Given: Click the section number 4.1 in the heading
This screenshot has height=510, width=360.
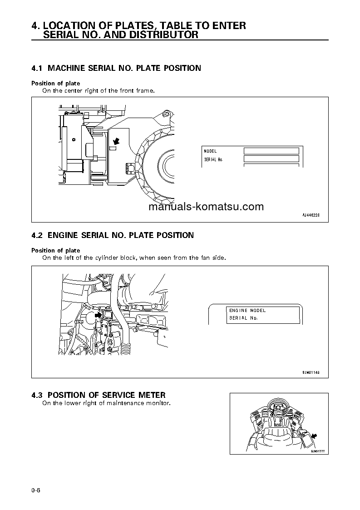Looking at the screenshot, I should point(37,68).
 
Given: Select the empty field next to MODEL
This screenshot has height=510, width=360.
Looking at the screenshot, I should point(271,151).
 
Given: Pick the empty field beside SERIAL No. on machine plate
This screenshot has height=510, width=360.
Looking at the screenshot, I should point(271,159).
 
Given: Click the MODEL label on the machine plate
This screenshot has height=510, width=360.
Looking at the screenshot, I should point(210,151).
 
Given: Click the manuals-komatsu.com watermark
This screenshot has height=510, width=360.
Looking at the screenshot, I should point(205,207).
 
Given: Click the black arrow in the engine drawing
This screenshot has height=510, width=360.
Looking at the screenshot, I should point(97,314).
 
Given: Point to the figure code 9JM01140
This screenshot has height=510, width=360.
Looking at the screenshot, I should point(311,372).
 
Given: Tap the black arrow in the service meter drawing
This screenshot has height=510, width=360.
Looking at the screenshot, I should point(314,436).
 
